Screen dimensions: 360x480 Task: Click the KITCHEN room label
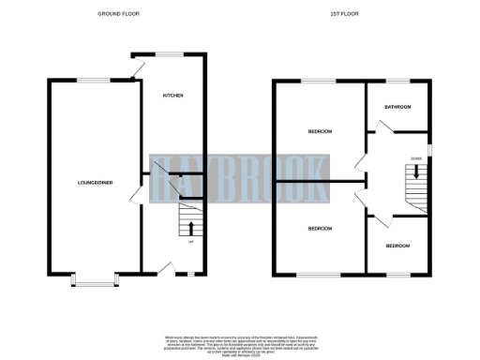[172, 96]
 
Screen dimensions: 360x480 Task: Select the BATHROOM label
[397, 108]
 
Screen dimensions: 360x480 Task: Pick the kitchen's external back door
[137, 67]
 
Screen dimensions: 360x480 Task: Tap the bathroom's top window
[398, 81]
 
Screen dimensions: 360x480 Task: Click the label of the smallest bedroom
[397, 246]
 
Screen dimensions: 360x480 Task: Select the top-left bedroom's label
[320, 131]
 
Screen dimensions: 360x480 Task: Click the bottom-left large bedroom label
[320, 228]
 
